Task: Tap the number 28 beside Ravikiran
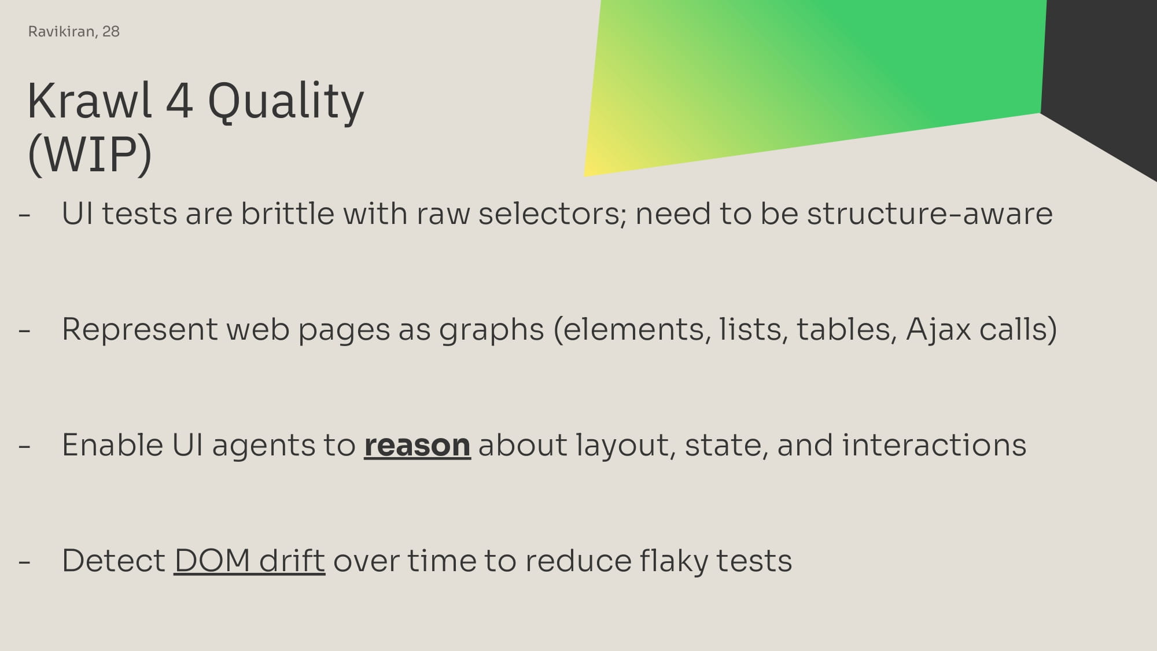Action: point(111,31)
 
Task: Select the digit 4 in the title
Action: point(179,101)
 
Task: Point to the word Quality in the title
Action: point(286,103)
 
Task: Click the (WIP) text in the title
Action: point(90,155)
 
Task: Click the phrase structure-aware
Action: point(930,214)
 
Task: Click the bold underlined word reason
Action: point(417,446)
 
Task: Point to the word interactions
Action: point(934,445)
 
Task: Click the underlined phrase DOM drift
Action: point(249,561)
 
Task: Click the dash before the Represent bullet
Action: point(24,331)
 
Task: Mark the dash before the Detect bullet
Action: point(24,562)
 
